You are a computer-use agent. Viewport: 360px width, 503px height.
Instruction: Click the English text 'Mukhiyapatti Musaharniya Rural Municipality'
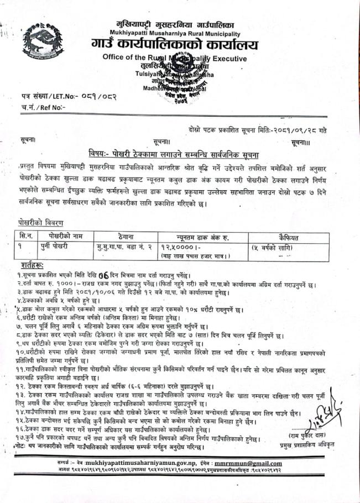pos(175,33)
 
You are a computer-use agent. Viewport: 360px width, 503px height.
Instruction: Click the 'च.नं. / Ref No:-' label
pos(44,107)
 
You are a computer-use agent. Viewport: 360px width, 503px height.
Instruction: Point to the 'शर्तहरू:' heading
pos(31,265)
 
